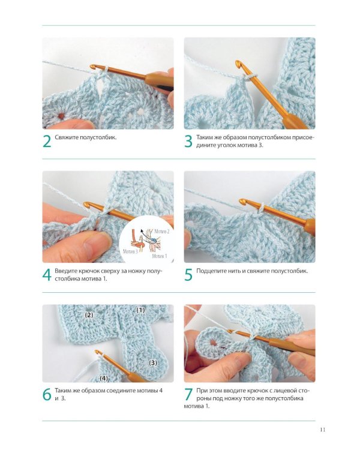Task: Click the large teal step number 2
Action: pos(47,141)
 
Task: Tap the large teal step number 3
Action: pos(188,141)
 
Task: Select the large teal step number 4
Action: pos(47,275)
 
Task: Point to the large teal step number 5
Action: pos(188,275)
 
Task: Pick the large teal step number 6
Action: pos(47,394)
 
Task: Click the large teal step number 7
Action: pos(188,394)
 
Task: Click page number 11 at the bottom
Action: pos(322,430)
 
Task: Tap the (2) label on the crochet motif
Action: pos(89,315)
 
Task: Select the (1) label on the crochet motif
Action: pos(140,310)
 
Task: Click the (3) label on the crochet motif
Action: pos(153,363)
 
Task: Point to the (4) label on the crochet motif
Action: pos(104,379)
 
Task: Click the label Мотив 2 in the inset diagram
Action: pos(162,232)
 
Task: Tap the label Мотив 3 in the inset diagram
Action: pos(130,251)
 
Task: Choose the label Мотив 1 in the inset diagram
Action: pos(160,256)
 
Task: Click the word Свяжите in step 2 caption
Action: pos(67,137)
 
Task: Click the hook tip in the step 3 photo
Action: pos(238,64)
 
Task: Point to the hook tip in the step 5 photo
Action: pos(242,202)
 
